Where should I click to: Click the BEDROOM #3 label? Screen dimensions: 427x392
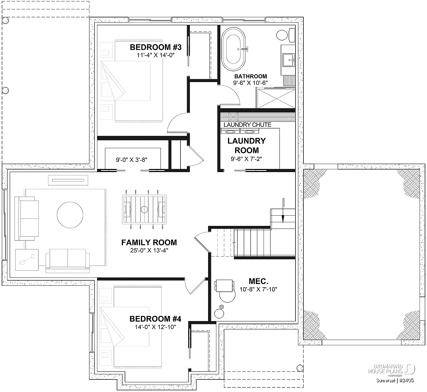(156, 47)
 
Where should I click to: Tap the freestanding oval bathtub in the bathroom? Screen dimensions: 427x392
(233, 49)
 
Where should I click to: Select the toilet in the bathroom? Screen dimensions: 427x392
(286, 35)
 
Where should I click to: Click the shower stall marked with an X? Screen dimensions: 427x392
(276, 98)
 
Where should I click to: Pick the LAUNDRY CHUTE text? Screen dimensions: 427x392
(247, 124)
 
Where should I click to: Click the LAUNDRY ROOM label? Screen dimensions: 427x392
(247, 146)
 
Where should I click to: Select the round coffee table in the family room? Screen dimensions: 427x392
(70, 215)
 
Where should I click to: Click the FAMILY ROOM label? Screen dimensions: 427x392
(149, 242)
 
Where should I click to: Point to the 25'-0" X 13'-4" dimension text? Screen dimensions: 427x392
(149, 250)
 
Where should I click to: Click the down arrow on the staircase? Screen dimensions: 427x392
(283, 211)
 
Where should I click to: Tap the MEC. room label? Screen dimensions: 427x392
(258, 281)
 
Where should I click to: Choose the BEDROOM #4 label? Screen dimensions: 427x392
(155, 319)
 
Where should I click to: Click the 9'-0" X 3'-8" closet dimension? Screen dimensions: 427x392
(132, 160)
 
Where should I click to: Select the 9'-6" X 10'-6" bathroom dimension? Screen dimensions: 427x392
(251, 83)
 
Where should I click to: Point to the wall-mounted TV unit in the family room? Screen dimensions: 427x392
(68, 180)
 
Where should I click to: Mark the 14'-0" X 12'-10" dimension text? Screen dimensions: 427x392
(155, 327)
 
